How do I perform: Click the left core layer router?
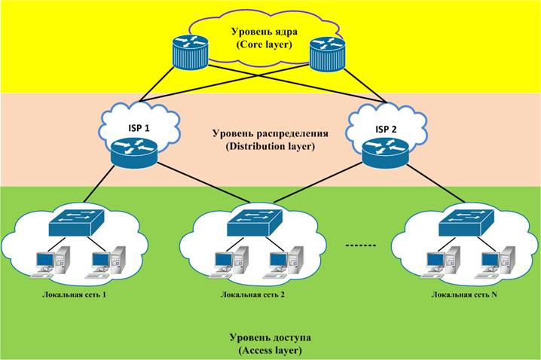(191, 52)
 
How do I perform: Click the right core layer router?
(328, 53)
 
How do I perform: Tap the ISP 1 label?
(139, 128)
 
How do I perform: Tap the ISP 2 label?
(386, 130)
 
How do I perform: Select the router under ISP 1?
(134, 153)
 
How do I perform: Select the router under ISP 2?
(385, 154)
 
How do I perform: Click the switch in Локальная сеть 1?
(76, 222)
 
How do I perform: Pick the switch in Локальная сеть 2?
(255, 222)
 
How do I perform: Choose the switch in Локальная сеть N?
(466, 222)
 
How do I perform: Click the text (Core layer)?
(264, 45)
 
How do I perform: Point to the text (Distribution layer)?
(270, 146)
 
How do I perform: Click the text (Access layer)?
(270, 350)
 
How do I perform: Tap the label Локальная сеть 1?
(74, 294)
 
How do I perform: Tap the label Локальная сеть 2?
(252, 294)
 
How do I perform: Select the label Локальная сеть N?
(464, 294)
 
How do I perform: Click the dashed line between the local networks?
(361, 246)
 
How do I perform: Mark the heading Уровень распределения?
(270, 133)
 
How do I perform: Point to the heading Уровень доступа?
(270, 337)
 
